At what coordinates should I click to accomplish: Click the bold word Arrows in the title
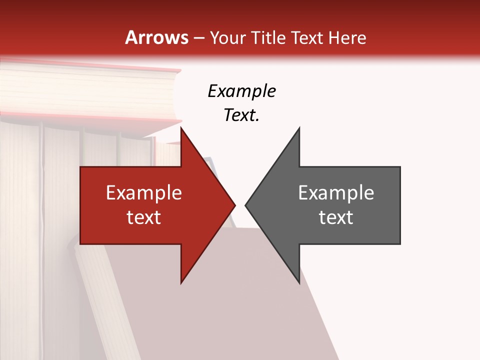pos(156,37)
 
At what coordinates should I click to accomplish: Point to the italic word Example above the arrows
pos(241,91)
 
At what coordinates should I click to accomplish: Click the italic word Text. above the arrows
pos(241,115)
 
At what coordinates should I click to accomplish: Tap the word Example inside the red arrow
pos(144,192)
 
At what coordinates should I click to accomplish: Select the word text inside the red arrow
pos(144,217)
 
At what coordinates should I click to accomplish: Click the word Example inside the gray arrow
pos(336,192)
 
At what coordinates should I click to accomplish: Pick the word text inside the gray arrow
pos(336,217)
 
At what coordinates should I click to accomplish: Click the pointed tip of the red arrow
pos(234,205)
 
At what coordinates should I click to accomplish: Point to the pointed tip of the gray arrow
pos(245,205)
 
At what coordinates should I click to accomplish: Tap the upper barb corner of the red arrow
pos(181,128)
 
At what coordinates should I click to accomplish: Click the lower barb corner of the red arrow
pos(181,282)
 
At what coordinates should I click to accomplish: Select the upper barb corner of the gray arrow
pos(299,128)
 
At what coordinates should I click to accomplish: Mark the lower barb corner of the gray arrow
pos(299,282)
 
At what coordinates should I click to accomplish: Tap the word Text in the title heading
pos(307,37)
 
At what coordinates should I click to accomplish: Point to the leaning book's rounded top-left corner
pos(78,246)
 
